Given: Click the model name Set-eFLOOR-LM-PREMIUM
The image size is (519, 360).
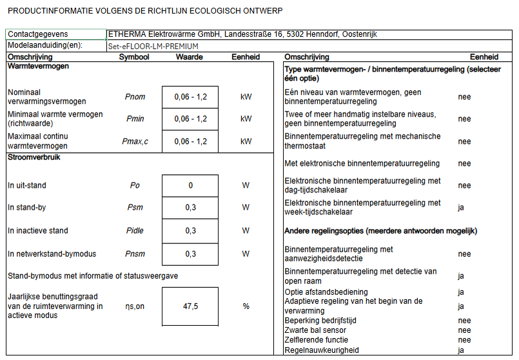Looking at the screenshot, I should (153, 46).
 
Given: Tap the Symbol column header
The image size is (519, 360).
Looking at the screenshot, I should (134, 57).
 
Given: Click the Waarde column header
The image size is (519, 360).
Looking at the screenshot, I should (190, 57).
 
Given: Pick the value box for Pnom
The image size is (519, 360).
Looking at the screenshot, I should (190, 97).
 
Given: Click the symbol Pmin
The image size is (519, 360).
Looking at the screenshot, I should (135, 119).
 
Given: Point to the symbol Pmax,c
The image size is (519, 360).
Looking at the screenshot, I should (135, 141).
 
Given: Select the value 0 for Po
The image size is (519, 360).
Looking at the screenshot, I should (190, 186).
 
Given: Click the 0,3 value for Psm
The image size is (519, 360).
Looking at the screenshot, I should (190, 208).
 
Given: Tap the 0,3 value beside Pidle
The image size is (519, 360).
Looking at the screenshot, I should (190, 231).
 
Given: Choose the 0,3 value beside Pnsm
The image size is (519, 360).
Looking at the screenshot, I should (190, 254).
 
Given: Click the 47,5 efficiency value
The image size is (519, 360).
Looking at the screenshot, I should (190, 306).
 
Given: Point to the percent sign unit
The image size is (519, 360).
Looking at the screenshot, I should (246, 306).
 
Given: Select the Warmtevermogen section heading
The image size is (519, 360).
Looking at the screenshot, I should (38, 66).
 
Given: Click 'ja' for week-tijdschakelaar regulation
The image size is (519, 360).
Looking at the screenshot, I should (461, 208).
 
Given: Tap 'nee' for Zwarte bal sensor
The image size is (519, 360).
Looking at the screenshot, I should (464, 330).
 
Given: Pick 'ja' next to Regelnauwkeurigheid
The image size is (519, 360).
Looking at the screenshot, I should (461, 350).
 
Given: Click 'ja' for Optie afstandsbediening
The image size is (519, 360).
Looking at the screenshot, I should (461, 292).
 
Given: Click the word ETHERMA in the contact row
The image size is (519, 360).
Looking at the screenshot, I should (128, 34).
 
